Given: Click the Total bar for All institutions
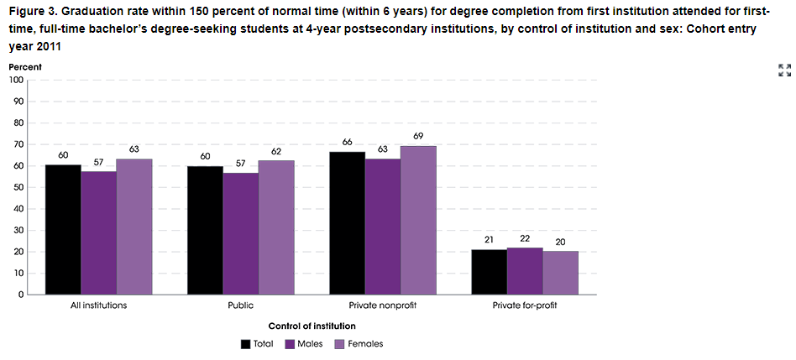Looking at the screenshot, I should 63,229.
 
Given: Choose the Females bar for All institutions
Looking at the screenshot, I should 134,227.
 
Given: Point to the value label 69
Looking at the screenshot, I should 419,135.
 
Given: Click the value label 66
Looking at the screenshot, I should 347,142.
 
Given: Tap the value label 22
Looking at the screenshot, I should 525,238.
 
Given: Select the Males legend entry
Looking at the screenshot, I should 303,343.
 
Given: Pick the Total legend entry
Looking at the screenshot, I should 257,343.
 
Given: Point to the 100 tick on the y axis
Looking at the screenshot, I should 16,81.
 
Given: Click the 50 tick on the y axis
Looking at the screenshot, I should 18,187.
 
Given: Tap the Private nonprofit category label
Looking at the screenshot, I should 382,305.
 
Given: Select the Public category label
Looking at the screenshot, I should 240,305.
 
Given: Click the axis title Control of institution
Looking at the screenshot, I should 312,325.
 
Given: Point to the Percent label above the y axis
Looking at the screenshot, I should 25,66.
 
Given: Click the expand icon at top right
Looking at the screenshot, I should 784,70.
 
